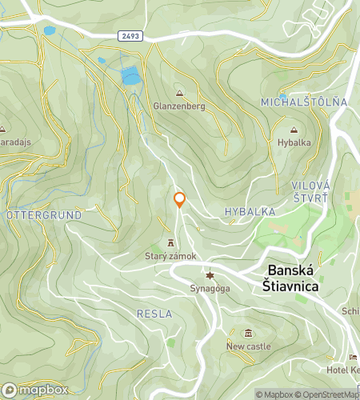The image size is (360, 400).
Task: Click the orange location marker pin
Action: [180, 199]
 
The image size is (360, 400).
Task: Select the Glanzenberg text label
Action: [178, 106]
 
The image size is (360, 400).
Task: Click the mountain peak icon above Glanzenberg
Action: [178, 93]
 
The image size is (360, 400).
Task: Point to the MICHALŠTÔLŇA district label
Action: [304, 102]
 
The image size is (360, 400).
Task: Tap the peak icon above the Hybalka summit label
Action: [293, 130]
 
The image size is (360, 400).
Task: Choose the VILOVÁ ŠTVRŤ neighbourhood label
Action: [310, 190]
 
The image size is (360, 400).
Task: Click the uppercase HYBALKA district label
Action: [250, 212]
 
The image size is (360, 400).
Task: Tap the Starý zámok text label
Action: [170, 256]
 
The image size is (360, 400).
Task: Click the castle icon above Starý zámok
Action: [170, 243]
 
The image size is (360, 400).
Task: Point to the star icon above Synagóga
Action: [210, 275]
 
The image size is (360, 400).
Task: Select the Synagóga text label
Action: [210, 288]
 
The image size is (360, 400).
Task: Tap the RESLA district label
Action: [154, 313]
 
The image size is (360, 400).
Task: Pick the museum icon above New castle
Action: [248, 333]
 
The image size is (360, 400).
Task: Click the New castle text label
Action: [248, 346]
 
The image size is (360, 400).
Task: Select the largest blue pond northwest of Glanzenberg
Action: [130, 77]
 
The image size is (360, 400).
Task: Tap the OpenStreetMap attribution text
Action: [328, 394]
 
